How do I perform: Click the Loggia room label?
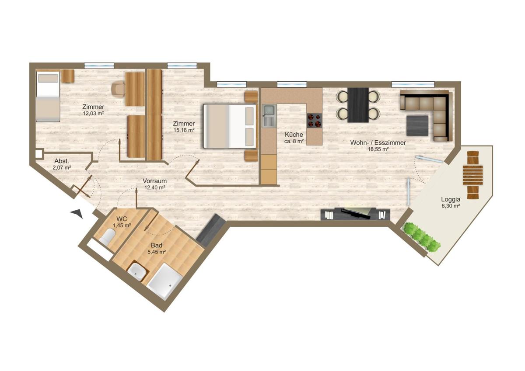point(451,199)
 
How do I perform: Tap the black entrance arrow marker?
point(77,214)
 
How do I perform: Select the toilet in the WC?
point(107,237)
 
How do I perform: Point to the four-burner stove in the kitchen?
point(315,121)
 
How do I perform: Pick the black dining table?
point(358,105)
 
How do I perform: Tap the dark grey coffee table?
point(417,125)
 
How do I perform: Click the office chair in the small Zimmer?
point(119,89)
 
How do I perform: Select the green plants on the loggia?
point(421,237)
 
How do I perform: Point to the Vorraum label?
point(155,181)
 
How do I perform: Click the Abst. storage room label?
point(62,161)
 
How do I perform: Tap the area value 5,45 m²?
point(157,252)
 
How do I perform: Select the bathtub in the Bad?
point(164,281)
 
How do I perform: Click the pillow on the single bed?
point(48,78)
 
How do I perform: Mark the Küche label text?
point(294,135)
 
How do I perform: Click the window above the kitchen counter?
point(292,84)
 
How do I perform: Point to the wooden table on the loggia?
point(473,175)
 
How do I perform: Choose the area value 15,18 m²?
point(184,130)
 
